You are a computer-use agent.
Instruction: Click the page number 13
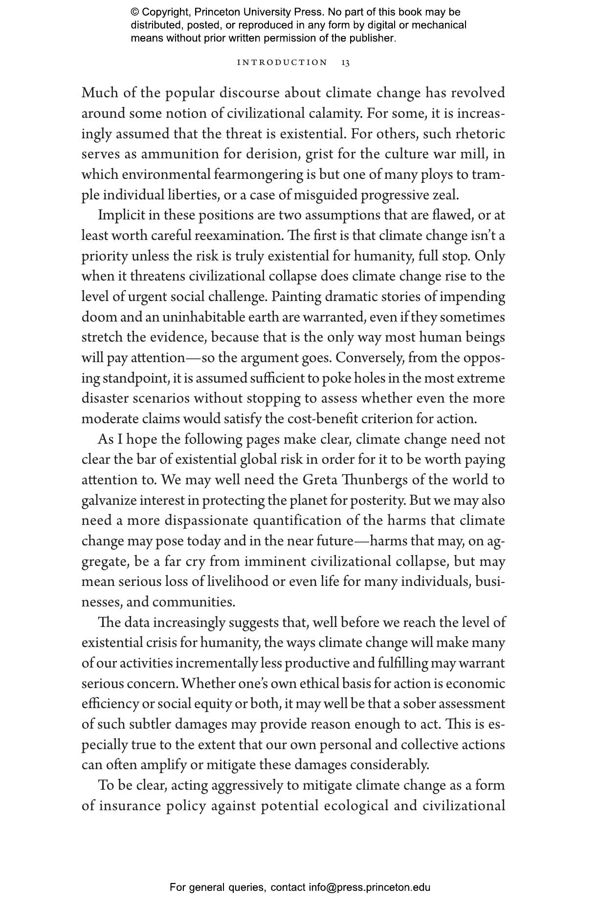tap(345, 63)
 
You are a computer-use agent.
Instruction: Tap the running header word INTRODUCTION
tap(282, 63)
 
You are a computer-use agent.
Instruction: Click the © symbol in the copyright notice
tap(135, 12)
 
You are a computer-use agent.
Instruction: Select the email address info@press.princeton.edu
tap(369, 887)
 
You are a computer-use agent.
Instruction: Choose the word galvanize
tap(109, 500)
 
